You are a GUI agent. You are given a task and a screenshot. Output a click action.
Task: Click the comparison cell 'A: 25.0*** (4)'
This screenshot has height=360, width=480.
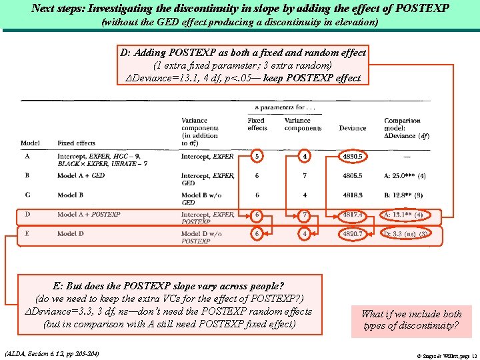[405, 176]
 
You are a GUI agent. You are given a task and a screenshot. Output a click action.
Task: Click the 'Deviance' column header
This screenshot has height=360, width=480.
[353, 128]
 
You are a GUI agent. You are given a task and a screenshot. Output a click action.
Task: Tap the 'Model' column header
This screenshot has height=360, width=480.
[30, 143]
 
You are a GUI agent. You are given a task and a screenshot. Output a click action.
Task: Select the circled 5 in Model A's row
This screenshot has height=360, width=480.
[257, 157]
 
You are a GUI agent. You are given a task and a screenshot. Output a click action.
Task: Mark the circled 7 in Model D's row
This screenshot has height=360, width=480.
[304, 215]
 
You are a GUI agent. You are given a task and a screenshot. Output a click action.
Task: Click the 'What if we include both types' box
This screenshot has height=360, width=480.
[411, 320]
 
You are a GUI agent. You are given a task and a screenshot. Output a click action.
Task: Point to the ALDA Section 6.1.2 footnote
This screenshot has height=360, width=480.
[52, 353]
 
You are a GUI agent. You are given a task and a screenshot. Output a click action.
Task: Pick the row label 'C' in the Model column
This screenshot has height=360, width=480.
[27, 195]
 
